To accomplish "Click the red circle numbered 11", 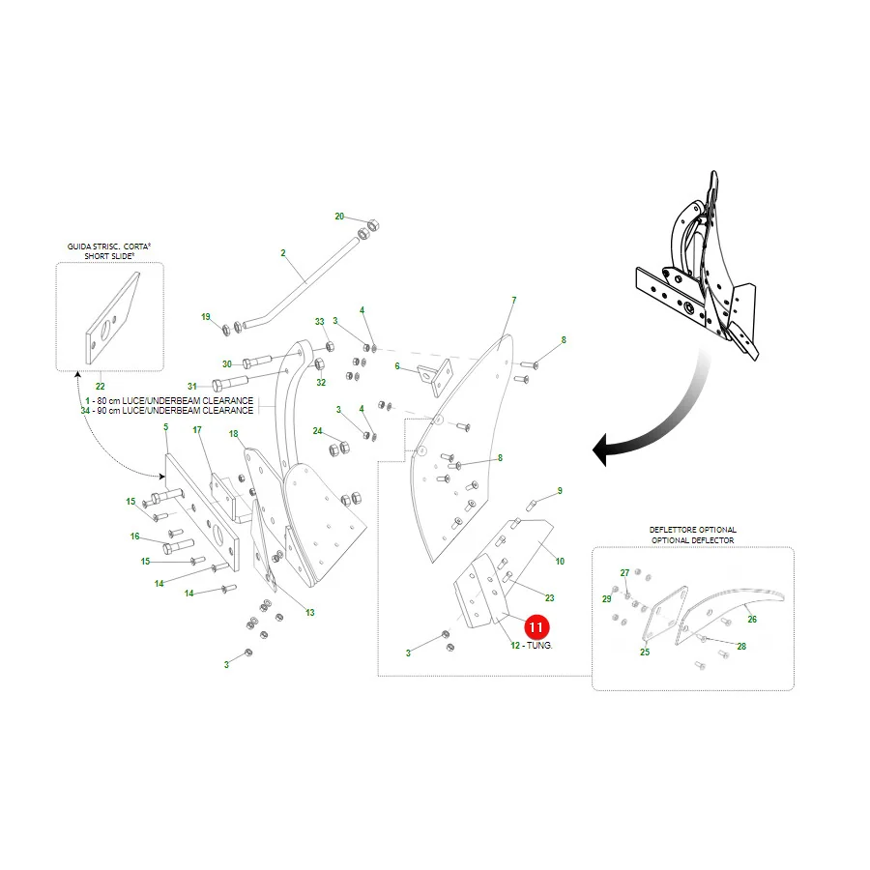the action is coord(536,627).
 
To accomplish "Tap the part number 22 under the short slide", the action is coord(100,386).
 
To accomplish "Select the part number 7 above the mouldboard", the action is coord(514,301).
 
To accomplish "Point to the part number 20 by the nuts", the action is coord(339,217).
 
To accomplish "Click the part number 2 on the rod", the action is coord(283,253).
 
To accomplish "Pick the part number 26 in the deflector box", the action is coord(752,620).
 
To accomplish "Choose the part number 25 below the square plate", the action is coord(645,652).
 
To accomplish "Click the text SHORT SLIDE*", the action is coord(109,256).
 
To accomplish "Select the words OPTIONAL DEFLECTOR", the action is coord(692,539).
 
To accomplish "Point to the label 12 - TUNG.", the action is coord(532,646).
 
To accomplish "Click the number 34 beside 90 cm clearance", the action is coord(85,411).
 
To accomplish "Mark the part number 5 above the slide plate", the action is coord(165,427).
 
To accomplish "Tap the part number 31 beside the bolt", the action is coord(192,386).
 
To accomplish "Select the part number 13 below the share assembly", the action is coord(309,613).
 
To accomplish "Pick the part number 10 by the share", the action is coord(560,562).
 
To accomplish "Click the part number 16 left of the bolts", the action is coord(134,536).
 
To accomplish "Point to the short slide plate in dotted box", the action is coord(111,318).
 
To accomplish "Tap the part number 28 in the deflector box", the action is coord(741,647).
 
